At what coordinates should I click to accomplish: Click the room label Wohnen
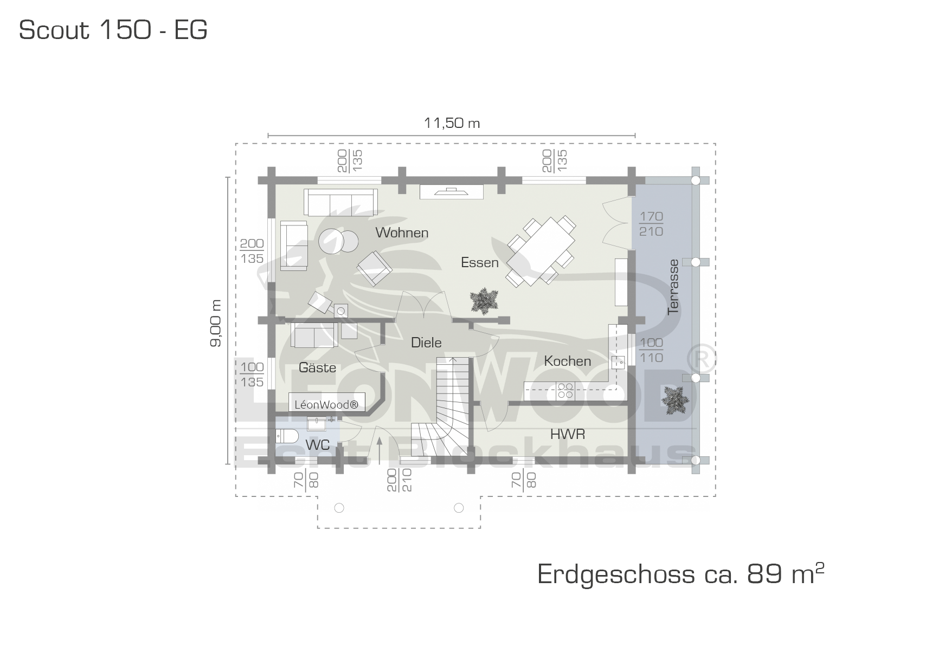(402, 232)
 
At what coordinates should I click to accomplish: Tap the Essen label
(479, 263)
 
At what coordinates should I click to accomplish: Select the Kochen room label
(567, 361)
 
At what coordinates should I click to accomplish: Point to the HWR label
(568, 434)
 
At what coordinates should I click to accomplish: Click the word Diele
(426, 343)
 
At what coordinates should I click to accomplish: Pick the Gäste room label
(317, 367)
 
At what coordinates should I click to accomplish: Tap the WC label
(318, 445)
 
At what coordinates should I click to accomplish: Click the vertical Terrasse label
(673, 287)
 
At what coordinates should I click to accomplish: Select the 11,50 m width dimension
(452, 123)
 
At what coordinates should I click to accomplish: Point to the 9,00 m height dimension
(216, 323)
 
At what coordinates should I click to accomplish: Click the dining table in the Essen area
(541, 251)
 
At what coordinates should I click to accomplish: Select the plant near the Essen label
(484, 301)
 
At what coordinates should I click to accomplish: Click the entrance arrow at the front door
(379, 450)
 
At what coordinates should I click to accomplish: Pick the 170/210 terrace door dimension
(651, 224)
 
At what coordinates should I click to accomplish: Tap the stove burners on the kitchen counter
(565, 390)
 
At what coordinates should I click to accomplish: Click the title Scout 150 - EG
(113, 30)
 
